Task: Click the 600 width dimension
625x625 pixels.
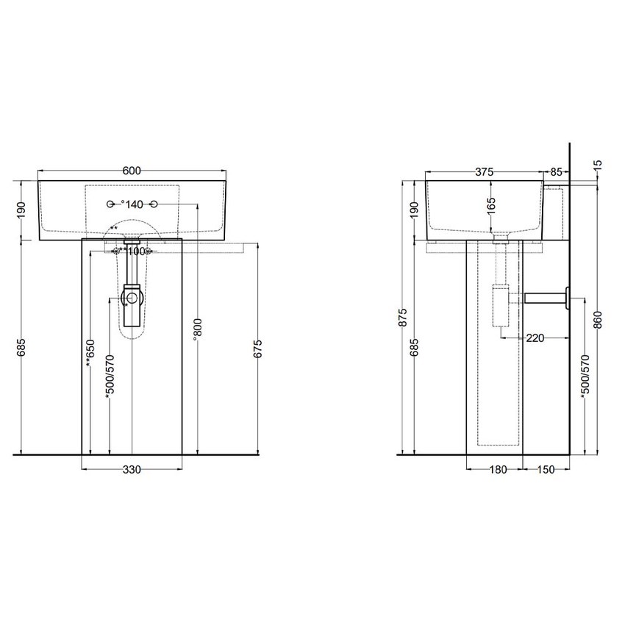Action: coord(132,171)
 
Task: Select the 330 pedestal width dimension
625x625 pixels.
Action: coord(132,470)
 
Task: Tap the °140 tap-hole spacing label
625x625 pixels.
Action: coord(132,204)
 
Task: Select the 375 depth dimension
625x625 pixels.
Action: coord(483,171)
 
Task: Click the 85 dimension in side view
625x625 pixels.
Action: coord(556,171)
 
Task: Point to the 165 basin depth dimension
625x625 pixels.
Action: coord(491,204)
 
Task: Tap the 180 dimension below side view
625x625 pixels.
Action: coord(498,470)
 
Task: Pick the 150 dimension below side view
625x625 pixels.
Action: coord(546,470)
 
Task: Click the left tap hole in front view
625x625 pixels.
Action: coord(110,204)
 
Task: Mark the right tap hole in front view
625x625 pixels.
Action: coord(154,204)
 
